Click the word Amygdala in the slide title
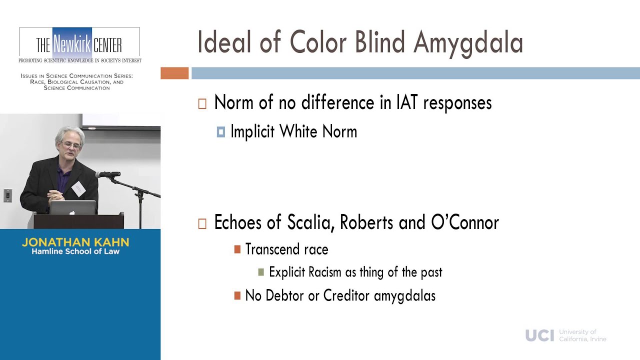click(468, 43)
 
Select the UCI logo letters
click(539, 335)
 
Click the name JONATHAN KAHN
click(75, 242)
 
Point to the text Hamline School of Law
click(75, 251)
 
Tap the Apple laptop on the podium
click(72, 207)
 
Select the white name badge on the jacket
click(78, 188)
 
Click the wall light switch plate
click(7, 195)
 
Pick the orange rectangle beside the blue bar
click(174, 73)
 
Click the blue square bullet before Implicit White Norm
click(221, 132)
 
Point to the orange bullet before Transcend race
click(237, 249)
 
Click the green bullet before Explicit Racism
click(261, 272)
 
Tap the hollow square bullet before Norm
click(202, 103)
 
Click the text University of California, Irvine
click(582, 335)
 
